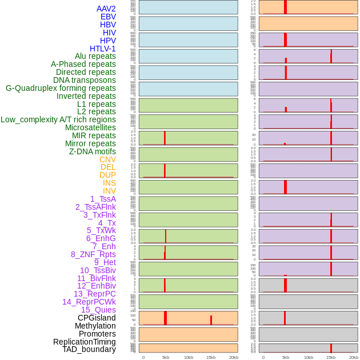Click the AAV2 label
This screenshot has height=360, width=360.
click(x=106, y=9)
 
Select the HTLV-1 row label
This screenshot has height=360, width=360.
click(x=102, y=49)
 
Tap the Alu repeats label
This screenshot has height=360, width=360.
click(x=95, y=56)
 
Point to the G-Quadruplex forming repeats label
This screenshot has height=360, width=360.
click(x=61, y=88)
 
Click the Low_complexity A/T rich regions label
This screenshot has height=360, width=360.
click(x=58, y=119)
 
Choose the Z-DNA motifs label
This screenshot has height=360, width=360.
click(x=93, y=151)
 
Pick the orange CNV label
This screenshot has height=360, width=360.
click(x=107, y=159)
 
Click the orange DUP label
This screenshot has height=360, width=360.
click(x=107, y=175)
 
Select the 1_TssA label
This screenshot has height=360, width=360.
click(x=103, y=199)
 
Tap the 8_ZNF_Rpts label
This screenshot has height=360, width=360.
click(x=93, y=254)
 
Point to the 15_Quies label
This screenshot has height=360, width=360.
click(x=98, y=310)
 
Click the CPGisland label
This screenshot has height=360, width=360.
click(x=97, y=318)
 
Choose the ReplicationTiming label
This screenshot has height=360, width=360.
click(x=85, y=342)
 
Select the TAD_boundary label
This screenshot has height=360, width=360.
click(x=89, y=349)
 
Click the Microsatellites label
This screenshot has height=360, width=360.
click(x=90, y=127)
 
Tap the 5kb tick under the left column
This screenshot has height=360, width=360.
click(x=166, y=357)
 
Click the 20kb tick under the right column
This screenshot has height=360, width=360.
click(x=354, y=357)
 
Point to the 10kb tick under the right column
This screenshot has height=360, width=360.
click(x=309, y=357)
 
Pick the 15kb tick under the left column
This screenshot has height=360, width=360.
click(x=211, y=357)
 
